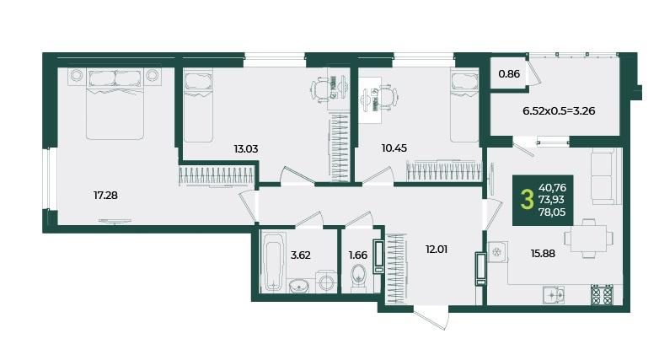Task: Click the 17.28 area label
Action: point(105,195)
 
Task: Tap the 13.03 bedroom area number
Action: point(246,149)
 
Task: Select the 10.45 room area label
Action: point(394,148)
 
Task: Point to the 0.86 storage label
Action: point(509,74)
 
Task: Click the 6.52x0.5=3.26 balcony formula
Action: point(559,111)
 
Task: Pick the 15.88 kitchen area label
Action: point(543,254)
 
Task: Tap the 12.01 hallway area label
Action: point(437,250)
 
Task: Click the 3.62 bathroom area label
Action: point(301,255)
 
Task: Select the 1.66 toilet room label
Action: point(358,255)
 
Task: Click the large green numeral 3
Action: point(527,200)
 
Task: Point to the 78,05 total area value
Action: point(552,212)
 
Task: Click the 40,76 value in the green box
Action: point(552,187)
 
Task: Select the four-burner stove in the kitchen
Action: point(602,294)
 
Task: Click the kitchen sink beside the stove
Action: point(554,295)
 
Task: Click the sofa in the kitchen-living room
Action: point(606,176)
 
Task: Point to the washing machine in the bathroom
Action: point(326,281)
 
